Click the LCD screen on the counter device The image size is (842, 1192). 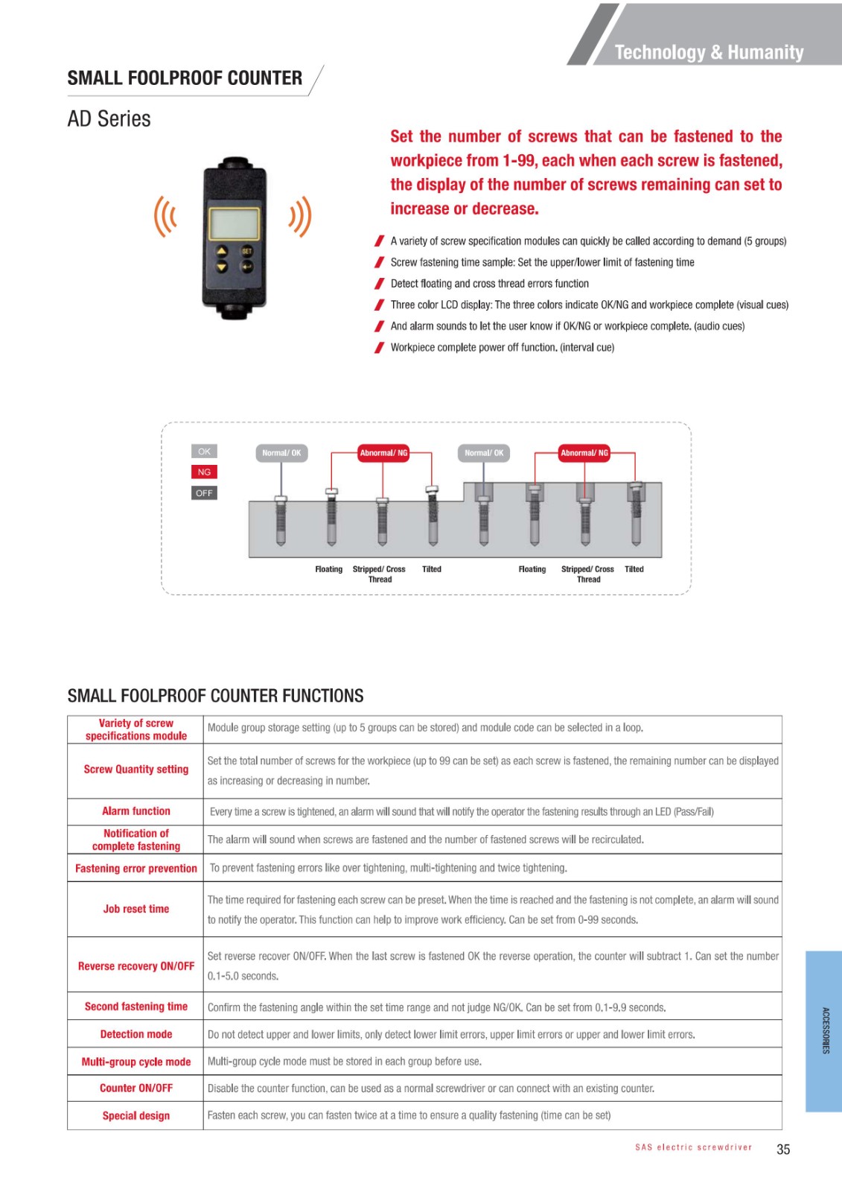click(235, 222)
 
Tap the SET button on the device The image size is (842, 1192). click(247, 252)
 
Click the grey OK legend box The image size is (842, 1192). click(204, 451)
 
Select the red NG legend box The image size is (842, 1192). click(204, 472)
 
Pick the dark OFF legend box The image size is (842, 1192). click(204, 493)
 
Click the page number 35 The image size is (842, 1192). click(783, 1150)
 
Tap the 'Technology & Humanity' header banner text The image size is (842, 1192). click(709, 52)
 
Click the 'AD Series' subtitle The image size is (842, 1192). click(109, 119)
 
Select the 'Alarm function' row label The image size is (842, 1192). click(136, 811)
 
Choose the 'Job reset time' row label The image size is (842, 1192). click(136, 909)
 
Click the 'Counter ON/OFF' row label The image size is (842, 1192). click(136, 1088)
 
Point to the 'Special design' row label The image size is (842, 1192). click(136, 1116)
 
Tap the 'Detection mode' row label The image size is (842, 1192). click(136, 1034)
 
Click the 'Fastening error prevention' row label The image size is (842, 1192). click(136, 869)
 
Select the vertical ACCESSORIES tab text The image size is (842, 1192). click(826, 1031)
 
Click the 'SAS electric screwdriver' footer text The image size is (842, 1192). click(693, 1147)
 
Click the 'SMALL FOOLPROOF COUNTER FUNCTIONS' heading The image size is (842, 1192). click(215, 696)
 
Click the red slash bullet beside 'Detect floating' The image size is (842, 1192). click(380, 284)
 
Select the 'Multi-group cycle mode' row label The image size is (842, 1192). click(136, 1062)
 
